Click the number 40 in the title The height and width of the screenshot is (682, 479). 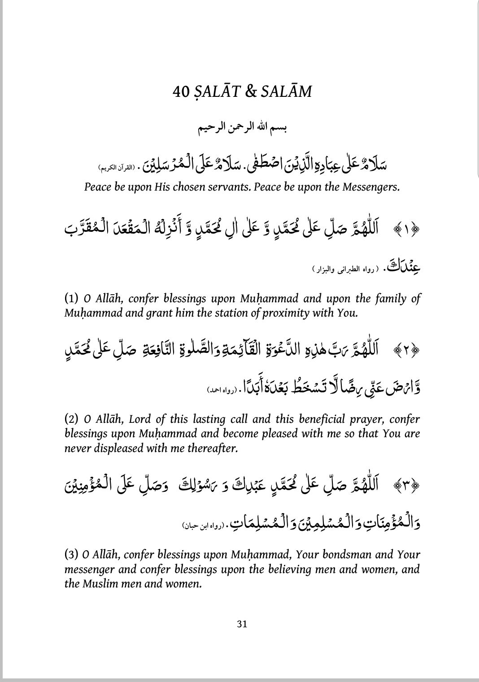point(181,92)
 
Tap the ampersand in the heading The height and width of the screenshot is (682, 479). point(251,92)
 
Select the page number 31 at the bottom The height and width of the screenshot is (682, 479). point(242,624)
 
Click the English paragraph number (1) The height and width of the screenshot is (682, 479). point(72,299)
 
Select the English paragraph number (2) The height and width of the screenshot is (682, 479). point(72,420)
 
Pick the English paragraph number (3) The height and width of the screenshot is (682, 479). point(72,555)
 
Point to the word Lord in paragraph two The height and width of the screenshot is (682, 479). point(140,420)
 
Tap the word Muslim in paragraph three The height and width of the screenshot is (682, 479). point(103,584)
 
